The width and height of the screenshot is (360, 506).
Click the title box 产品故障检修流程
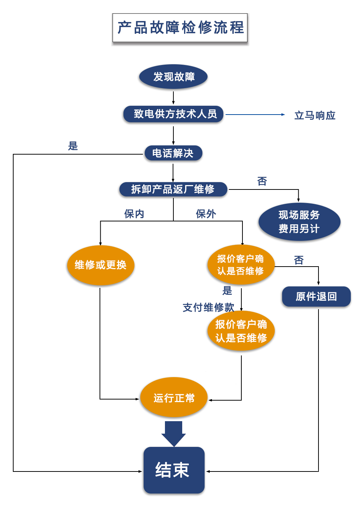(x=180, y=28)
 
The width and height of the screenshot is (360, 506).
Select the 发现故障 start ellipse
(x=173, y=77)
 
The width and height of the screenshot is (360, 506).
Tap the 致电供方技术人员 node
(x=173, y=114)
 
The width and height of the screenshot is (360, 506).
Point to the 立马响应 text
(x=315, y=115)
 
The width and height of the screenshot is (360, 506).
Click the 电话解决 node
(x=173, y=153)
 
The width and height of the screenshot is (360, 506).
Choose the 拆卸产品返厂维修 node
(x=173, y=189)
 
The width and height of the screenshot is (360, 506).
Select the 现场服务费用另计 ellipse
(x=299, y=222)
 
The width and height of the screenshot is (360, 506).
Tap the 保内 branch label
(x=134, y=214)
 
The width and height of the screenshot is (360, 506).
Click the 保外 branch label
(x=206, y=214)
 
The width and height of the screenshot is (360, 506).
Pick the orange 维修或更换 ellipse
(x=100, y=265)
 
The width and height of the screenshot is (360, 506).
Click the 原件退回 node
(x=316, y=296)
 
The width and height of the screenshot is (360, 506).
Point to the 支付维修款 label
(x=208, y=307)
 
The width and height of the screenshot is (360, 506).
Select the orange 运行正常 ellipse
(x=174, y=398)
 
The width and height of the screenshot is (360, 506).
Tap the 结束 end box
(x=174, y=470)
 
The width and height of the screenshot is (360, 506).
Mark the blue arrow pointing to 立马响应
(x=255, y=115)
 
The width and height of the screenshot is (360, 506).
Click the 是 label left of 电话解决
(x=73, y=146)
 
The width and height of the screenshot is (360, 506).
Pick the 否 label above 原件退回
(x=299, y=260)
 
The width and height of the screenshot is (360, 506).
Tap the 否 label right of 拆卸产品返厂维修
(x=262, y=181)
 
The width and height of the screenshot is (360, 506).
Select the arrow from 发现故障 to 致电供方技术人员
(x=173, y=98)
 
